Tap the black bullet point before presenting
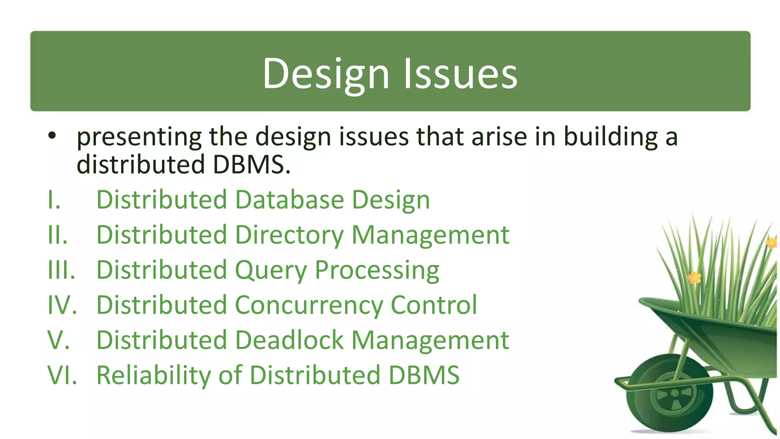(x=52, y=135)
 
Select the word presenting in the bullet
(x=139, y=137)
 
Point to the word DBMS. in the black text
(x=251, y=165)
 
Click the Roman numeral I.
(x=54, y=200)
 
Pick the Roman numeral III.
(x=61, y=270)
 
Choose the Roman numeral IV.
(x=62, y=305)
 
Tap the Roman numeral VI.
(x=62, y=375)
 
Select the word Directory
(x=289, y=235)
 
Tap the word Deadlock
(x=289, y=340)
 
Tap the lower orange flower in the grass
(x=694, y=277)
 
